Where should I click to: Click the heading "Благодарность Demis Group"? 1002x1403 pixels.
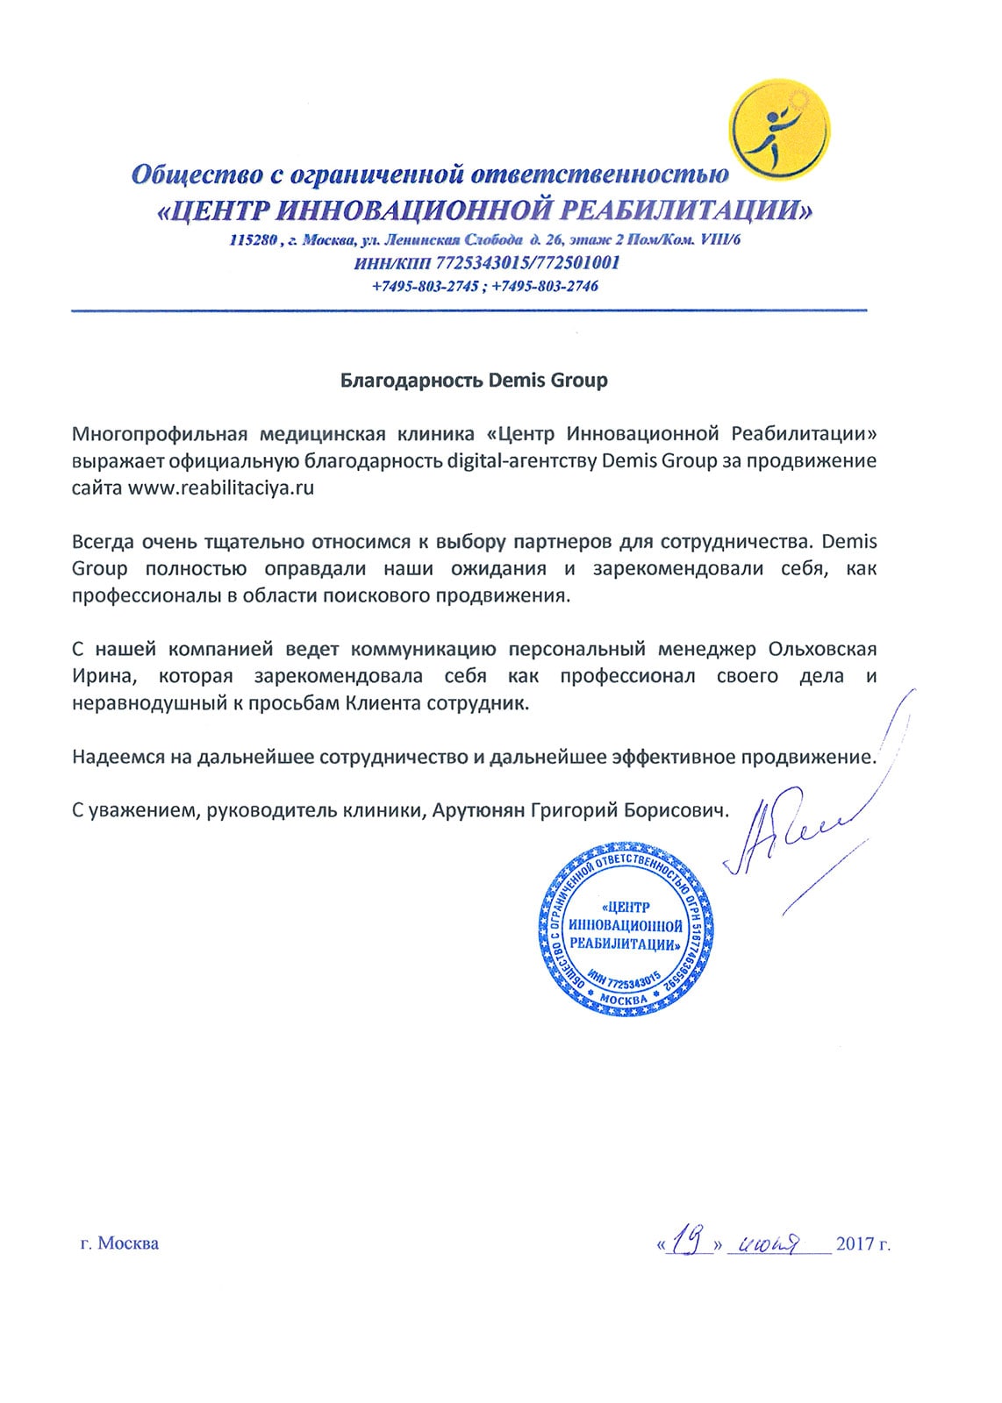[x=474, y=381]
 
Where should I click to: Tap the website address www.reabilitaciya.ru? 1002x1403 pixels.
[x=221, y=489]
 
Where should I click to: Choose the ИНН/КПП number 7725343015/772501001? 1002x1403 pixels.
[x=519, y=263]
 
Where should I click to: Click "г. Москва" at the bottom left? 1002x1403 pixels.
[x=119, y=1243]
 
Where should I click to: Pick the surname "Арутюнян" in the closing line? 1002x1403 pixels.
[x=479, y=812]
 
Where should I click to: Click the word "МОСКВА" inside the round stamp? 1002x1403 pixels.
[x=626, y=1000]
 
